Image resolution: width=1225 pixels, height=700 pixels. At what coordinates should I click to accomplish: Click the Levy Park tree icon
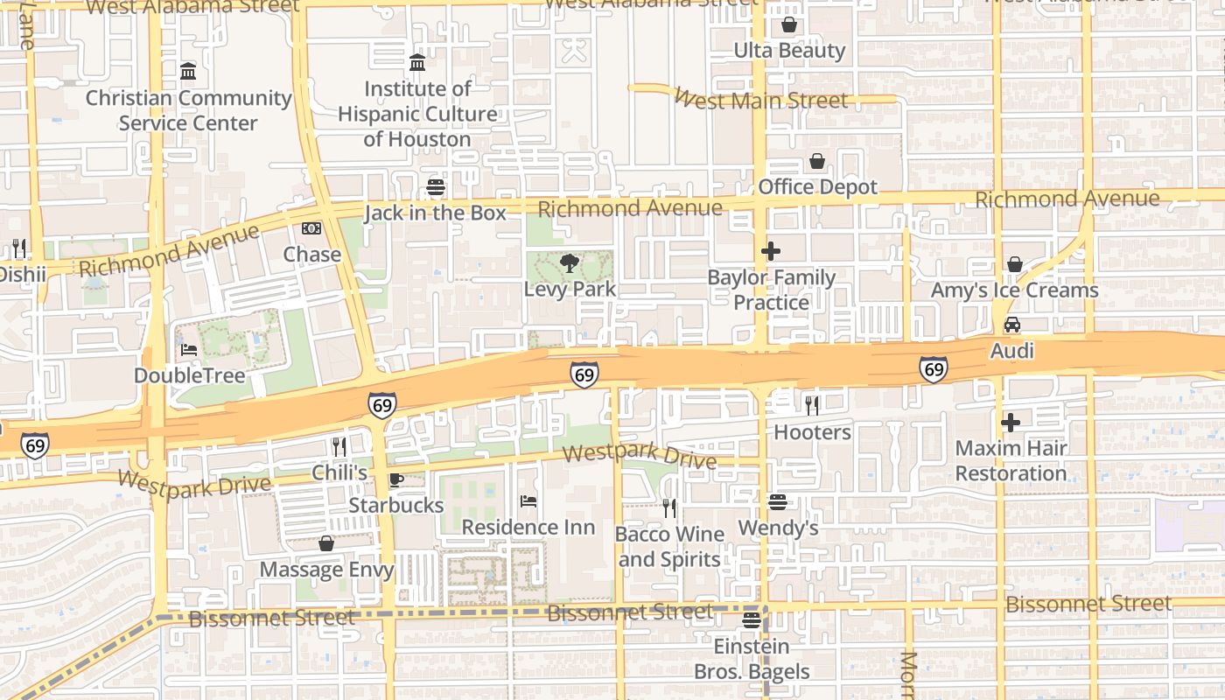coord(570,262)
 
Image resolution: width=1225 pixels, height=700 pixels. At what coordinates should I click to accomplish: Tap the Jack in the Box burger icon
coord(436,187)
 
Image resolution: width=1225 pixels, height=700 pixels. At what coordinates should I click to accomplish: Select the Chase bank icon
coord(311,229)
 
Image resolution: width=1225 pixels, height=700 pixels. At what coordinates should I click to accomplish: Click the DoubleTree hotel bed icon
coord(189,350)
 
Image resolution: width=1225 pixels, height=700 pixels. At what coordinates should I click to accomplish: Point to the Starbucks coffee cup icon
coord(395,479)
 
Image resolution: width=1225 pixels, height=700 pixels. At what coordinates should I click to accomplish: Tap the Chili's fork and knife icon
coord(339,447)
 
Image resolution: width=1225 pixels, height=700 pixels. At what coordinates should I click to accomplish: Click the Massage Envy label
coord(326,570)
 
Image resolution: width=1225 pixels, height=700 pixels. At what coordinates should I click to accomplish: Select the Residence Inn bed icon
coord(528,501)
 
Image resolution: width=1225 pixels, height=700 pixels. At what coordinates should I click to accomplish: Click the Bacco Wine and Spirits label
coord(669,547)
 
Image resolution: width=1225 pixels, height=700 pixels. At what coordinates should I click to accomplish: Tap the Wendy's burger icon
coord(778,502)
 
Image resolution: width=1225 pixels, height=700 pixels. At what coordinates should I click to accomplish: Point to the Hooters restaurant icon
coord(812,405)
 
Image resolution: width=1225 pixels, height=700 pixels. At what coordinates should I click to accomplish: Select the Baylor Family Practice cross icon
coord(771,252)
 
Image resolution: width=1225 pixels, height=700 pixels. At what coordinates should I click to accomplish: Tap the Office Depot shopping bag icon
coord(817,162)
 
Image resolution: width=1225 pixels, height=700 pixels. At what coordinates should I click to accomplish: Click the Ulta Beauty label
coord(790,51)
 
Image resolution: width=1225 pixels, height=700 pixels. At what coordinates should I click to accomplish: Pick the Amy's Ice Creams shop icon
coord(1015,264)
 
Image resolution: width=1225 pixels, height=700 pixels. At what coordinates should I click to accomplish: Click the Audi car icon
coord(1012,325)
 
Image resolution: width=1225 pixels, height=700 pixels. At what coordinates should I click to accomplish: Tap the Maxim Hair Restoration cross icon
coord(1011,423)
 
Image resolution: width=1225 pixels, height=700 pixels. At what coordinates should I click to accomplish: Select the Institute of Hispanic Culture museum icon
coord(417,63)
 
